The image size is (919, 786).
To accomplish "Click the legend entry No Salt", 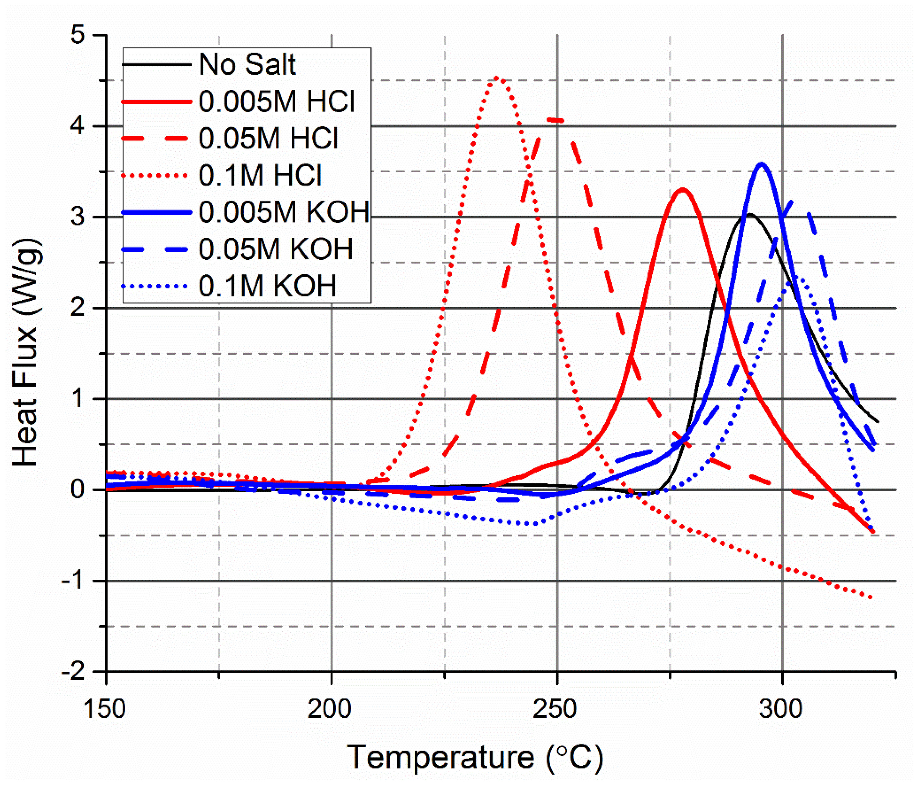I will (247, 65).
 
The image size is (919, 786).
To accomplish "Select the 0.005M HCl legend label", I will (277, 102).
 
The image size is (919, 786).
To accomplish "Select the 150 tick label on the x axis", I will (105, 709).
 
